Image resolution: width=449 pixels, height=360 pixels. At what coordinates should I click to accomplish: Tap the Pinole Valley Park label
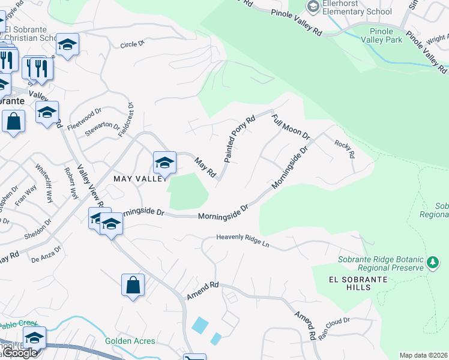[382, 36]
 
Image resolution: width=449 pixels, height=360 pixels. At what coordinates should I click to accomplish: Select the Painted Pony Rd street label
[240, 139]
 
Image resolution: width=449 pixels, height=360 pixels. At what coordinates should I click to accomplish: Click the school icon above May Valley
[164, 162]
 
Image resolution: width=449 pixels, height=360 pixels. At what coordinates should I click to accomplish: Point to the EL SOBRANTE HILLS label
[351, 283]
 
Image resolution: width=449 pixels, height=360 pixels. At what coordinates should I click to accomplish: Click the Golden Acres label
[130, 341]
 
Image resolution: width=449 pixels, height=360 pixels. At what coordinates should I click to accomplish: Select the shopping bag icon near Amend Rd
[133, 286]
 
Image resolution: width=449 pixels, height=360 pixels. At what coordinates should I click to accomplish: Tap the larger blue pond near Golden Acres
[200, 325]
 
